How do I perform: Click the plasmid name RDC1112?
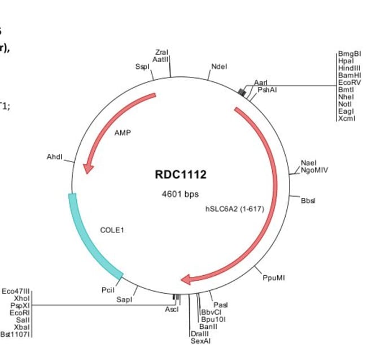coord(181,175)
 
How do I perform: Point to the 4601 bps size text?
coord(180,194)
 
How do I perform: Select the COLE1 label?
coord(111,230)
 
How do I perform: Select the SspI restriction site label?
coord(142,67)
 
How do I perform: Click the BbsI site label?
coord(309,200)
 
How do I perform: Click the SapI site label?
coord(124,300)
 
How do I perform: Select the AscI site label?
coord(172,310)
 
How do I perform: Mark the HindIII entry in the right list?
coord(346,68)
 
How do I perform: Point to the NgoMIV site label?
coord(314,169)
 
